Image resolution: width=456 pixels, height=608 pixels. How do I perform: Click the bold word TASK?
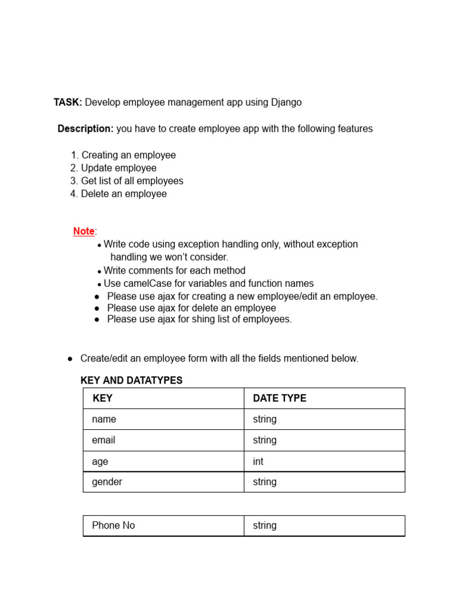coord(68,102)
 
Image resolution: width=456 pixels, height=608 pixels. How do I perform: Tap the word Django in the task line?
coord(286,102)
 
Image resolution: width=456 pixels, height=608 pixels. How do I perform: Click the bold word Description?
coord(85,129)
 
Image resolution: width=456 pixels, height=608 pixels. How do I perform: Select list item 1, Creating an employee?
coord(123,155)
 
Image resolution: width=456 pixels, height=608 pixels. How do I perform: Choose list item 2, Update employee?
coord(113,168)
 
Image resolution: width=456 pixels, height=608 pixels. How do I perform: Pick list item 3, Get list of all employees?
coord(126,180)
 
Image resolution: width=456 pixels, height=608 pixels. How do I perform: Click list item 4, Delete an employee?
coord(118,194)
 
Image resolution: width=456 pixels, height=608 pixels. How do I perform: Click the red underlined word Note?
coord(84,232)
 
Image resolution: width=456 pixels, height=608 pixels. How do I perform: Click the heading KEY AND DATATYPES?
coord(131,381)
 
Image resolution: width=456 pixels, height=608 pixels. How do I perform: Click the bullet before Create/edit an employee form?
coord(70,359)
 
